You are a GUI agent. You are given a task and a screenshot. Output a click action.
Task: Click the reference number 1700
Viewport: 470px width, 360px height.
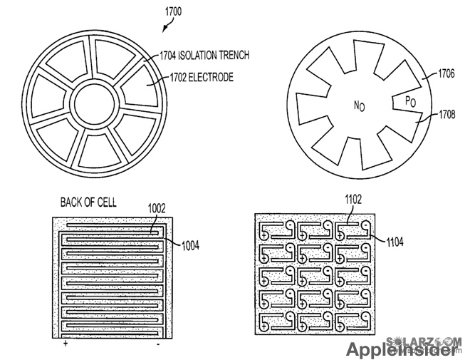click(x=173, y=12)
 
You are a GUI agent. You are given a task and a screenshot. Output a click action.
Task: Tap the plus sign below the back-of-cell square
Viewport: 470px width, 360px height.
click(x=66, y=344)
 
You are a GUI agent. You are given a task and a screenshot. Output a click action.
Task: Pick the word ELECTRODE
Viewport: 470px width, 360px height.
click(x=211, y=76)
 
